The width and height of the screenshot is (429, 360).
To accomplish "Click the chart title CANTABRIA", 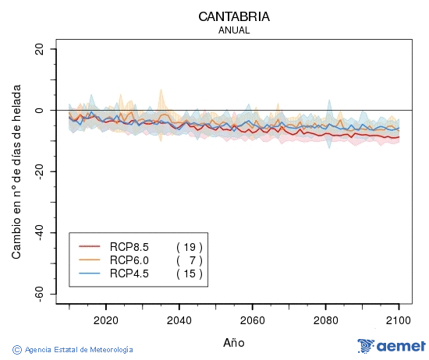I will (234, 16).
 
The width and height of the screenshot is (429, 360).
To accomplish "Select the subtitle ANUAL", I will (234, 30).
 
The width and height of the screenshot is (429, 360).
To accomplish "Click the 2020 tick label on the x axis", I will (105, 320).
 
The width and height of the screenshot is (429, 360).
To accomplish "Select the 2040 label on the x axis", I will (179, 320).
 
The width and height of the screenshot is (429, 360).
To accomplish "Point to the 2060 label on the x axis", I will (252, 320).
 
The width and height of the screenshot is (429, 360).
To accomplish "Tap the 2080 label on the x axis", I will (325, 320).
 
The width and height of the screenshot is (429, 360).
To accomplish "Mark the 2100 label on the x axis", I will (399, 320).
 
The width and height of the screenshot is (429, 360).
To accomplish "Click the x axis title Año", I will (234, 342).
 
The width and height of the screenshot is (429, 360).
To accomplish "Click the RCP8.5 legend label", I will (129, 247).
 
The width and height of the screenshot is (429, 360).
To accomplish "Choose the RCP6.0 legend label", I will (129, 260).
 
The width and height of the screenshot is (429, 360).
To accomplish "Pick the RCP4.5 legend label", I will (129, 274).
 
